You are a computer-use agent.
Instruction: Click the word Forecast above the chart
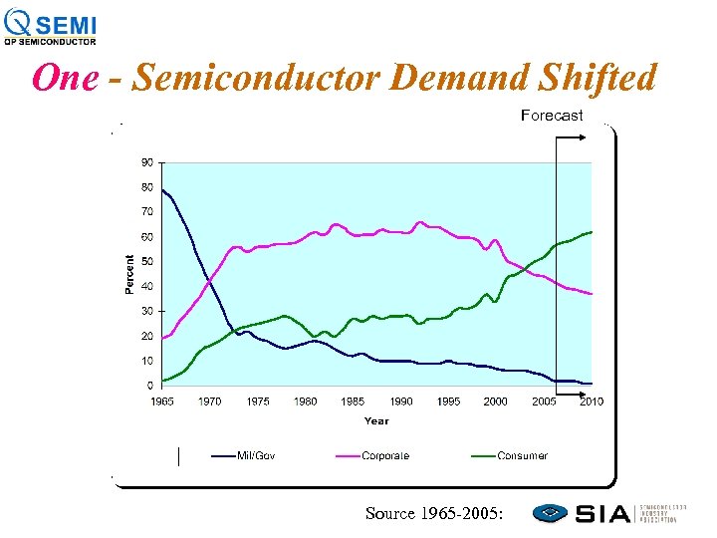coord(552,116)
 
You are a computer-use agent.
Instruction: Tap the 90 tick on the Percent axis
coord(146,161)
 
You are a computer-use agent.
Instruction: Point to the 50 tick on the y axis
coord(146,261)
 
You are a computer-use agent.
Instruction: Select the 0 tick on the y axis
coord(149,386)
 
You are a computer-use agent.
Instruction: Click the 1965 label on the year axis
coord(162,402)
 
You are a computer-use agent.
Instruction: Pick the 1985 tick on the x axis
coord(353,402)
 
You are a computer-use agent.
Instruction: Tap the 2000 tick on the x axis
coord(495,402)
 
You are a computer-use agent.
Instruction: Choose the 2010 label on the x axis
coord(591,402)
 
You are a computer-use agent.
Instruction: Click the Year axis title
coord(376,420)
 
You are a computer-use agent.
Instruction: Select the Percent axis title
coord(128,273)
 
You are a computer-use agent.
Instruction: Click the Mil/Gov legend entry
coord(255,456)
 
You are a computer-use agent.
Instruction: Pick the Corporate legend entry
coord(385,456)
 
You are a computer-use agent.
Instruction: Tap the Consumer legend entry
coord(522,456)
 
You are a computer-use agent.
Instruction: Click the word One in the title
coord(65,78)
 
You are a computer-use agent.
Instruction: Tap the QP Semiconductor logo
coord(51,26)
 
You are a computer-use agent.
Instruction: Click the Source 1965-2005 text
coord(434,513)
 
